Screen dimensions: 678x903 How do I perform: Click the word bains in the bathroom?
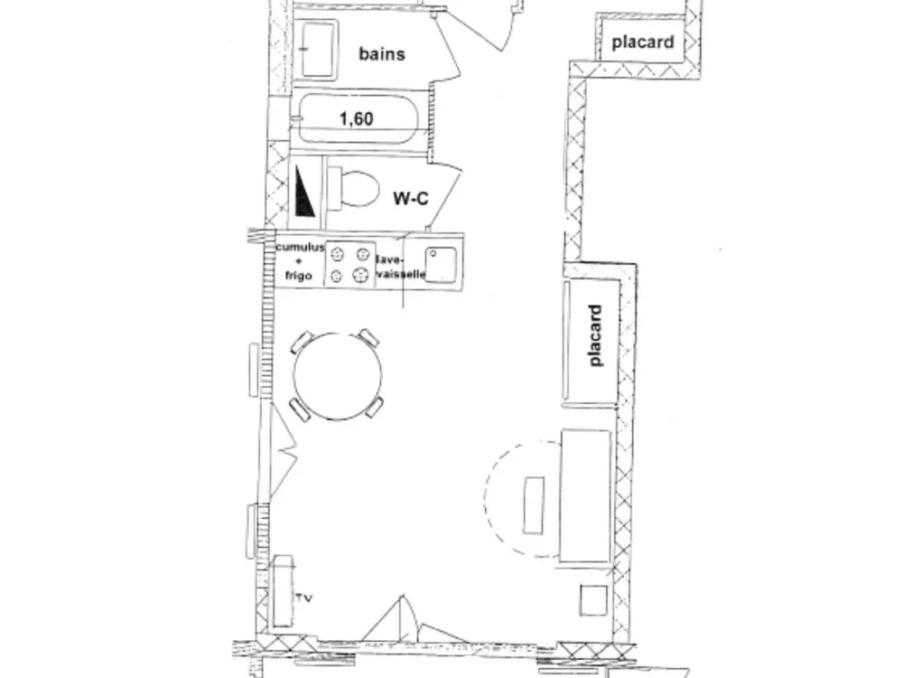[382, 53]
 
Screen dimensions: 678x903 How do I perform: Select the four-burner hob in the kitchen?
[349, 264]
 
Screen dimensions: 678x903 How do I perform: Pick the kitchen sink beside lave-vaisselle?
[439, 264]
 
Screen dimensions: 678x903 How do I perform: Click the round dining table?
[339, 376]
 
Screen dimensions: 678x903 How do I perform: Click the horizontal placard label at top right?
[643, 42]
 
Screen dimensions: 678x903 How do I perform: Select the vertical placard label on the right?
[595, 335]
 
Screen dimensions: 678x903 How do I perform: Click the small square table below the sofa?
[593, 600]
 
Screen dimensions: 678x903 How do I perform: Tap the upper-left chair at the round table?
[302, 344]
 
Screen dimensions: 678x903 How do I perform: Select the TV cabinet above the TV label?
[283, 592]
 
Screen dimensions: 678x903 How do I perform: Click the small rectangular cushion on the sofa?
[534, 504]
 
